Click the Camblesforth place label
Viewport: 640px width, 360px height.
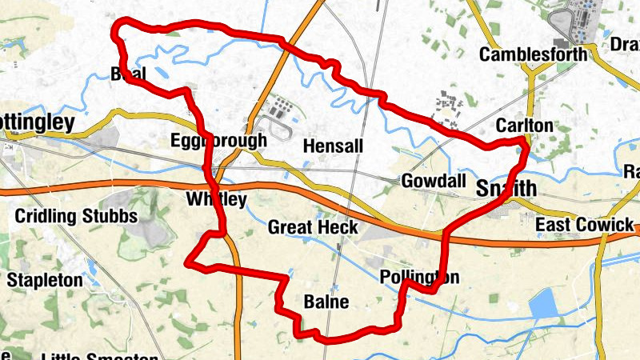tap(533, 54)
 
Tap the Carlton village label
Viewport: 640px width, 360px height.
tap(524, 126)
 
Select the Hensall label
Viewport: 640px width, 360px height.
tap(334, 147)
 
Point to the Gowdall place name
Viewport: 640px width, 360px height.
tap(434, 181)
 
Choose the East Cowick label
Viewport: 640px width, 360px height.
tap(584, 225)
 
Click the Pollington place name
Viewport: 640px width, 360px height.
tap(419, 278)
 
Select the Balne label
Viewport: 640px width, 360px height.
tap(326, 302)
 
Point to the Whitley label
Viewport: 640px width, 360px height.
tap(214, 199)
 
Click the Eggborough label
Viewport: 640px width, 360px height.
tap(218, 142)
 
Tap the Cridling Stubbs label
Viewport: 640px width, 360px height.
tap(76, 216)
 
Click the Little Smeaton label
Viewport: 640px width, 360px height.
tap(88, 355)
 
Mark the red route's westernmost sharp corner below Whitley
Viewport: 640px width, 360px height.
tap(187, 262)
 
